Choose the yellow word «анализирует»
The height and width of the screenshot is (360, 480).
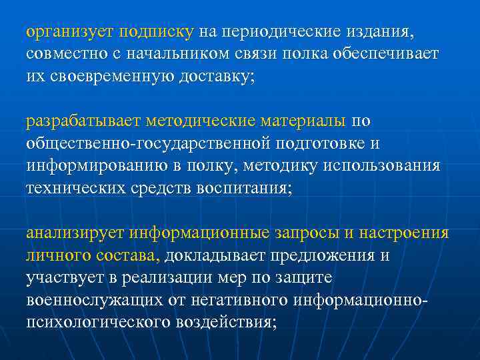75,233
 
